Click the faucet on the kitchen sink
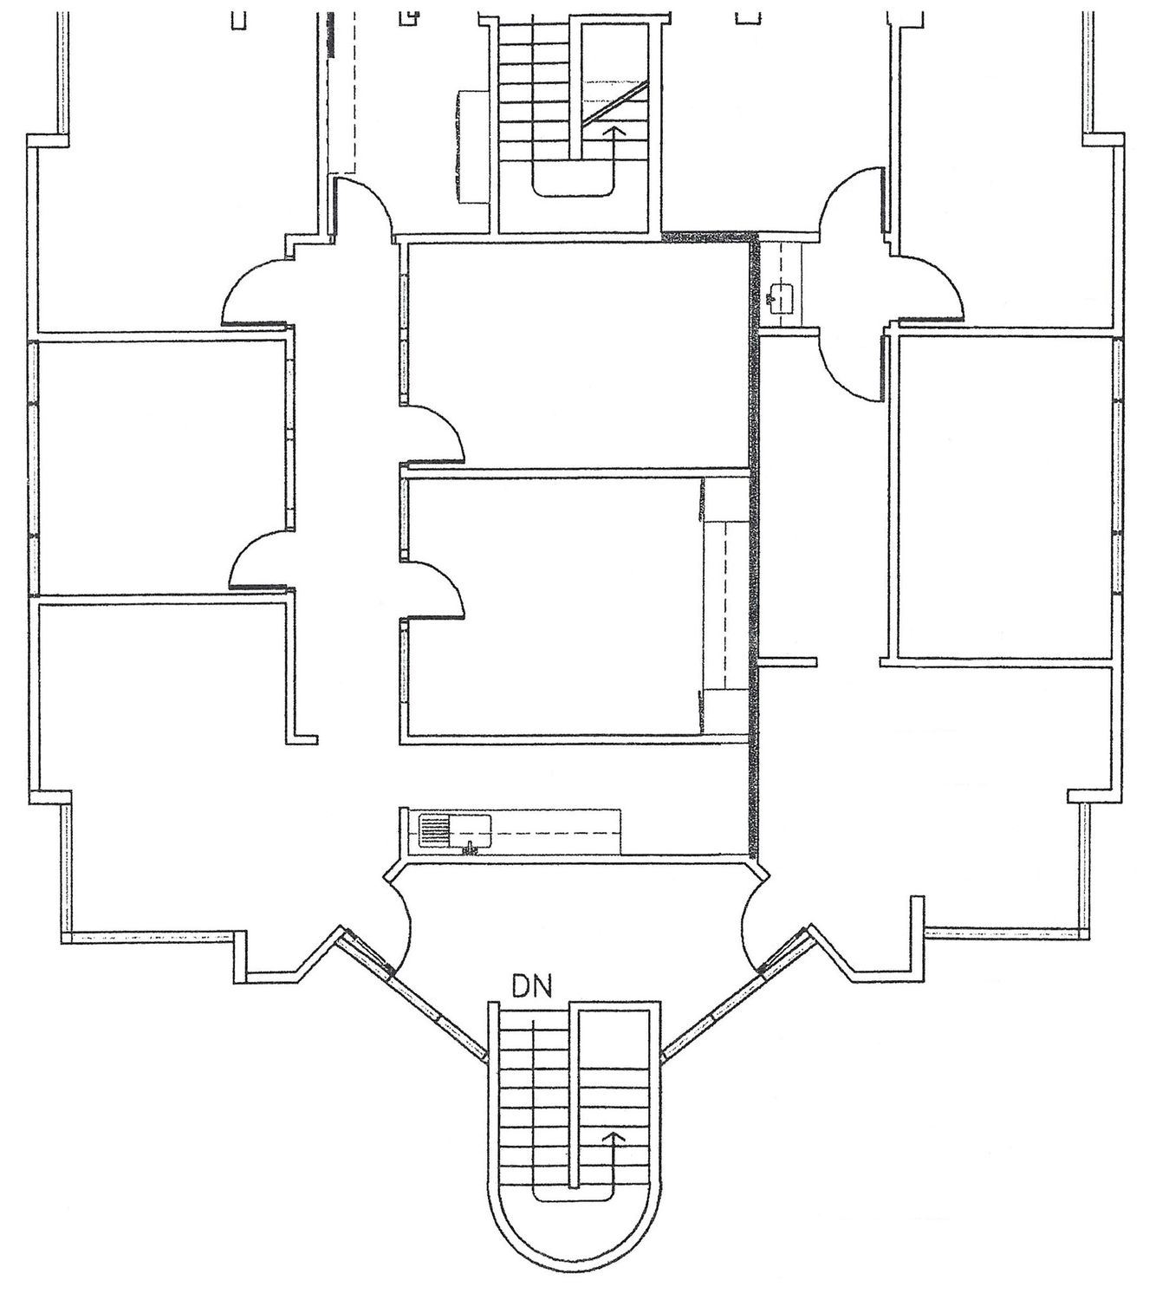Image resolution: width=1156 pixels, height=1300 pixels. (471, 848)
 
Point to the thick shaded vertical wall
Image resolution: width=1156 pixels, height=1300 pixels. (755, 545)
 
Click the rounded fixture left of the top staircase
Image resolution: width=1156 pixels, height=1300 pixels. (471, 147)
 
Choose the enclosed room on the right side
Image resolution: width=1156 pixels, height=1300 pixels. (1004, 497)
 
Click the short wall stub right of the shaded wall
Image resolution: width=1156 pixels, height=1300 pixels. (788, 661)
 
